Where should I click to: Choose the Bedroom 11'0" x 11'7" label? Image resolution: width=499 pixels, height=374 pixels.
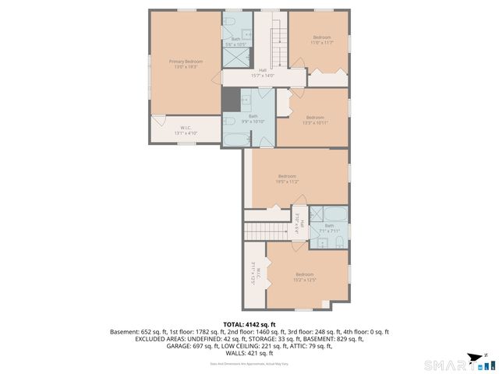click(x=322, y=40)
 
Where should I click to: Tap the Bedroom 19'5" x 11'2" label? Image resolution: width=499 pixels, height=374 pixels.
click(x=288, y=179)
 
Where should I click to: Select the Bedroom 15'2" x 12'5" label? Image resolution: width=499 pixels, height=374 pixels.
click(x=304, y=277)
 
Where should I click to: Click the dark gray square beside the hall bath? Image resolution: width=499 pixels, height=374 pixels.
click(x=231, y=101)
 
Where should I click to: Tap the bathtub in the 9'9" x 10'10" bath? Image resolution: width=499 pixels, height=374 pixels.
click(x=234, y=140)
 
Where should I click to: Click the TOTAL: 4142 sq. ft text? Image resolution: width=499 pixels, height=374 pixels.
click(x=249, y=324)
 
